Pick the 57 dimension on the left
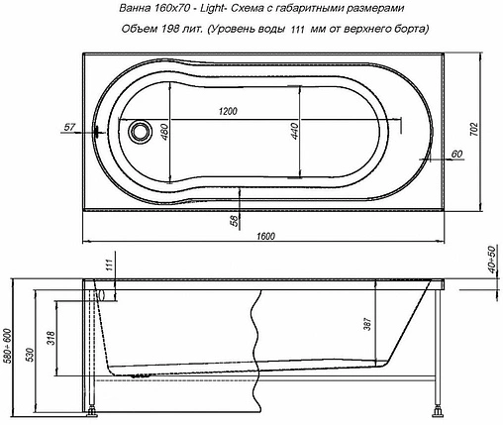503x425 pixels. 69,128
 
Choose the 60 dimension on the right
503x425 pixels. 455,153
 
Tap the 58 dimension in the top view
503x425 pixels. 235,220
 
